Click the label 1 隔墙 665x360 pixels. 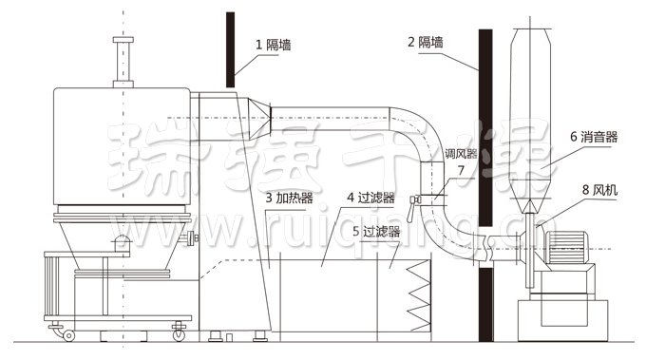272,43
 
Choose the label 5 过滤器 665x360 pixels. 375,231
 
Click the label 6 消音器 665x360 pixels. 594,137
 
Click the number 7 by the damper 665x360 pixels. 461,170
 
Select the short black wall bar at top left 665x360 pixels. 230,47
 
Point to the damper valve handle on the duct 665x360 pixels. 415,199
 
